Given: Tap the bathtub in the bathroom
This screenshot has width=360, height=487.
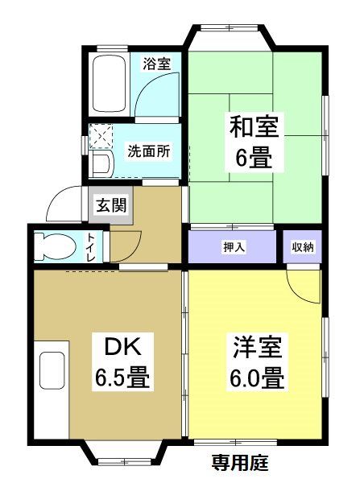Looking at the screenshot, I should pyautogui.click(x=108, y=85).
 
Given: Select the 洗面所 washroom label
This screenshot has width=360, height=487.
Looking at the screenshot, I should pyautogui.click(x=149, y=151).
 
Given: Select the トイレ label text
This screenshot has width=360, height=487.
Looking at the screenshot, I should pyautogui.click(x=90, y=246).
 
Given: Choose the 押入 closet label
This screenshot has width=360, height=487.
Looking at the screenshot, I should pyautogui.click(x=234, y=247).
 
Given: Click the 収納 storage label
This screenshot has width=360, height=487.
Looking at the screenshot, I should pyautogui.click(x=302, y=247).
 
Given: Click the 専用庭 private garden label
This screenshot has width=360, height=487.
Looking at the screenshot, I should pyautogui.click(x=239, y=464).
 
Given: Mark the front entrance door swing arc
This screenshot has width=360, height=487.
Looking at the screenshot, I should pyautogui.click(x=64, y=204).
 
